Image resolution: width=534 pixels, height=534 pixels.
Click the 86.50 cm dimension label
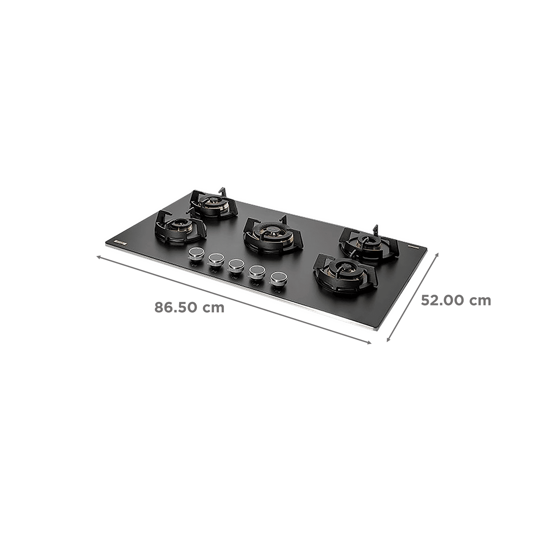pyautogui.click(x=189, y=307)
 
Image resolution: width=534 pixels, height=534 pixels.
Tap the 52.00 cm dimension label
pyautogui.click(x=456, y=301)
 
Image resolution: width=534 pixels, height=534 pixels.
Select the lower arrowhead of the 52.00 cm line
pyautogui.click(x=387, y=341)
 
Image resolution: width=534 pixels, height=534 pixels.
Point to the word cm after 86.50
pyautogui.click(x=214, y=307)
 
